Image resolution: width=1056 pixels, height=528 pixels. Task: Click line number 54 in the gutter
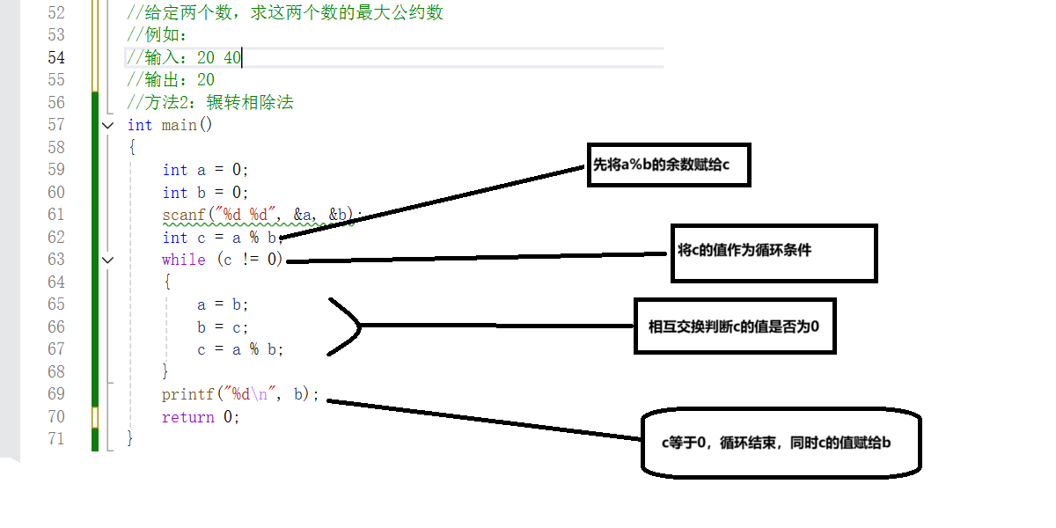[55, 57]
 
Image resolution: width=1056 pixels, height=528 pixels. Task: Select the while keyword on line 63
[183, 260]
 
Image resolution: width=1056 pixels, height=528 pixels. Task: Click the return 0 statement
[200, 417]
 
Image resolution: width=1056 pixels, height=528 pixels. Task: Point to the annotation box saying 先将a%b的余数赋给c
[668, 165]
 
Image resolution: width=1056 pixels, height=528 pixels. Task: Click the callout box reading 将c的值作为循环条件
[774, 253]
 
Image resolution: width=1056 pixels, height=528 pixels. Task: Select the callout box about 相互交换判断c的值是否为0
[734, 326]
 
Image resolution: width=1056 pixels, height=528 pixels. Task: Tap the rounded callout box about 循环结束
[780, 443]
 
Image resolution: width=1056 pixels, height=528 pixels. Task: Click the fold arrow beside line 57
[107, 125]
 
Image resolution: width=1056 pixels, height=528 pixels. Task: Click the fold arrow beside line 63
[107, 260]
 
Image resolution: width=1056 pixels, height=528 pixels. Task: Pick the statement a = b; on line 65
[223, 304]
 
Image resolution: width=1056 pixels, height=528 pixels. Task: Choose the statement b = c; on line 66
[223, 327]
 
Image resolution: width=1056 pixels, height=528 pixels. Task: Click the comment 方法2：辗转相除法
[210, 103]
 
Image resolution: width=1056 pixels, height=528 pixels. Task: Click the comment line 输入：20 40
[184, 58]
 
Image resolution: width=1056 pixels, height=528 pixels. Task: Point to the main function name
[179, 125]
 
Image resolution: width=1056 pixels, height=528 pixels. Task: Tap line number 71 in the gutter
[55, 438]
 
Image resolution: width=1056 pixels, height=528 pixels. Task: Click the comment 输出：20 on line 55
[171, 80]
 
